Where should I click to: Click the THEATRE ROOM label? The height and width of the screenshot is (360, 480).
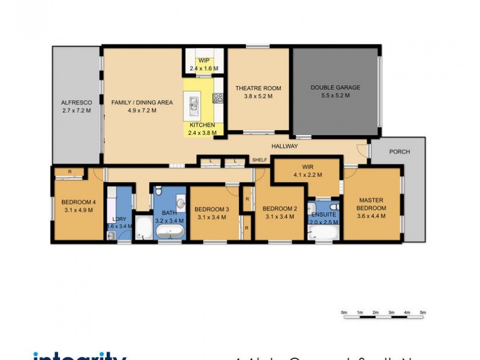(x=258, y=88)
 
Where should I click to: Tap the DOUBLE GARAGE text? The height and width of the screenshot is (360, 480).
(x=335, y=88)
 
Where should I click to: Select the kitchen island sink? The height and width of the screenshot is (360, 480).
(x=195, y=104)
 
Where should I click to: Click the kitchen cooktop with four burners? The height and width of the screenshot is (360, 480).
(x=218, y=97)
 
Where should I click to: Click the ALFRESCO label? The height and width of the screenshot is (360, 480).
(x=76, y=103)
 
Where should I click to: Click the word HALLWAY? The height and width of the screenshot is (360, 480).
(x=284, y=146)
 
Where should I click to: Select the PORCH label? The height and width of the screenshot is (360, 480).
(x=399, y=152)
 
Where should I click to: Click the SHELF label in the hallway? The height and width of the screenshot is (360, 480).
(x=259, y=160)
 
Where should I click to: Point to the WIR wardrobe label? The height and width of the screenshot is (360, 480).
(x=308, y=167)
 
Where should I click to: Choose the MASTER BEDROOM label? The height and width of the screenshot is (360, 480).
(x=371, y=204)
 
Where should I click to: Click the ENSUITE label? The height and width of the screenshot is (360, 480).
(x=323, y=213)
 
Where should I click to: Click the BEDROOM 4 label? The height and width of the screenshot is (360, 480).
(x=77, y=202)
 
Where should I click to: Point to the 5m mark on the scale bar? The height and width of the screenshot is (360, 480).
(x=422, y=313)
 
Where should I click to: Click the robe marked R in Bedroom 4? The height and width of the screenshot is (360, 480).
(x=70, y=172)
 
